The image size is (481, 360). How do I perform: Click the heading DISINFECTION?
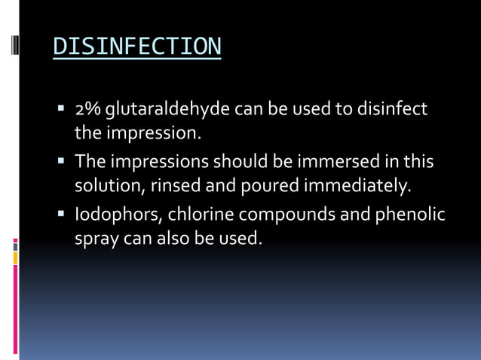point(137,47)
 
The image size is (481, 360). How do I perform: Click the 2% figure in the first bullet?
point(87,110)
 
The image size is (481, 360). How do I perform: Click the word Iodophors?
point(116,215)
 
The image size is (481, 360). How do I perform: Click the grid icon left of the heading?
point(15,48)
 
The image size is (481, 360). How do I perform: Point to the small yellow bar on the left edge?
point(15,258)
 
